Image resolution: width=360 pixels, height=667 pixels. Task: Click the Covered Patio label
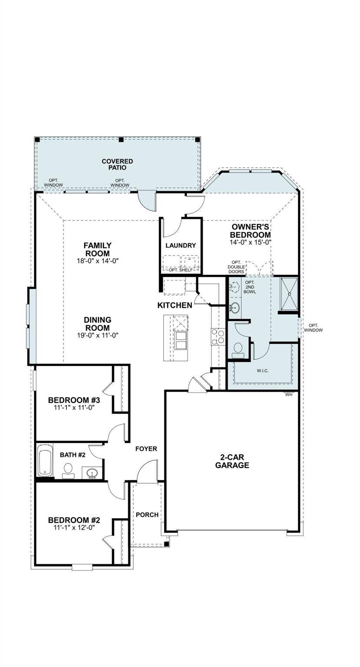(x=117, y=164)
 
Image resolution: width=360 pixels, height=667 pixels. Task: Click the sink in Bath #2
(x=92, y=472)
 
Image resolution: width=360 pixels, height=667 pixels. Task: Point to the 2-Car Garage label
(x=232, y=461)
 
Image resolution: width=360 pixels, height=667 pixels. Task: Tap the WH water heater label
(x=288, y=394)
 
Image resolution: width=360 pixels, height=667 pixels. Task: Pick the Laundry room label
(x=181, y=245)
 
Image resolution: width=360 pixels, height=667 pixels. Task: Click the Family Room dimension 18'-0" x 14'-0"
(x=97, y=261)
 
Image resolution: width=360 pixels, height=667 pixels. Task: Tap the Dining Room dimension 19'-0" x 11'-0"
(x=97, y=335)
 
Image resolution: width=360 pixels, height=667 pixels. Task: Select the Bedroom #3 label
(x=74, y=400)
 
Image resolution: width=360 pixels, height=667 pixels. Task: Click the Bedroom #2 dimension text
(x=74, y=527)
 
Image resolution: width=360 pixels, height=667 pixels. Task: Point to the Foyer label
(x=146, y=449)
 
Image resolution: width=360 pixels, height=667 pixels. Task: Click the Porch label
(x=147, y=515)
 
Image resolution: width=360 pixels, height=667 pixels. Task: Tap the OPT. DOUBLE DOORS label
(x=236, y=267)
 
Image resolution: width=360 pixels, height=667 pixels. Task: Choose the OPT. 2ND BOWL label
(x=250, y=287)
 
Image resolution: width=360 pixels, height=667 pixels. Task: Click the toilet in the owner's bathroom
(x=238, y=350)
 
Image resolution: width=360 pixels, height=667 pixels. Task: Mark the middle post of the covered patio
(x=121, y=140)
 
